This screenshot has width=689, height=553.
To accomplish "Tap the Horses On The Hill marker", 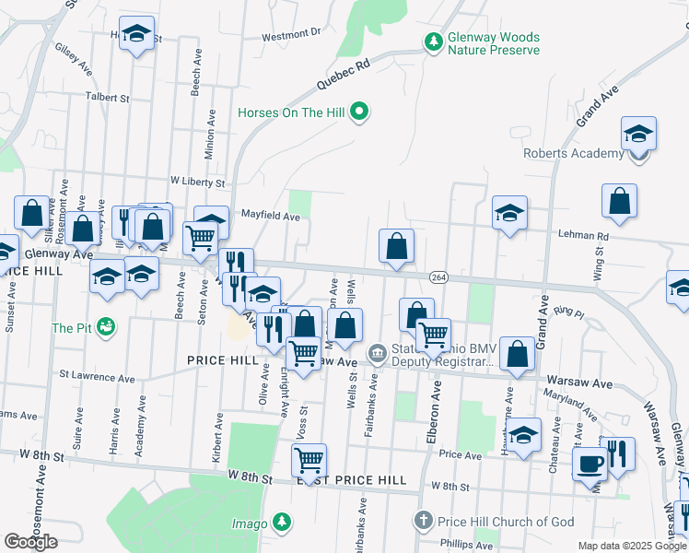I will (x=360, y=112).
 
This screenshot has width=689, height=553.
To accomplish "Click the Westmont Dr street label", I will (x=290, y=34).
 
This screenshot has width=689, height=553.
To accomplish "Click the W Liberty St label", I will (x=198, y=181).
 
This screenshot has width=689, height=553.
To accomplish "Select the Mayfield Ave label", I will (x=271, y=217).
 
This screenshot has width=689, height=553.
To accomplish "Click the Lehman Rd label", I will (x=578, y=235).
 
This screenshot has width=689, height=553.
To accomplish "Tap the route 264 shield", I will (x=438, y=276).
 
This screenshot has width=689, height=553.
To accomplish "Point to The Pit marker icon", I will (x=107, y=326).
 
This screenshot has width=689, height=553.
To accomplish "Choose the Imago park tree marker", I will (x=282, y=524).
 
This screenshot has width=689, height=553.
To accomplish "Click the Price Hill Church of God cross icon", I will (x=424, y=522).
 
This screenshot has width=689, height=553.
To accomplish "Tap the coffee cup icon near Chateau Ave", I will (x=590, y=463).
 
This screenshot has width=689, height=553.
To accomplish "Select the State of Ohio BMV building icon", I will (x=378, y=353).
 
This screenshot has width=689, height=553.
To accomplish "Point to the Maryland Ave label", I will (x=566, y=402).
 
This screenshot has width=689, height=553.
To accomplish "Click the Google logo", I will (x=30, y=541).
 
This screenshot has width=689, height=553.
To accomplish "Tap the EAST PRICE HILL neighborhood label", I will (x=351, y=480).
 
